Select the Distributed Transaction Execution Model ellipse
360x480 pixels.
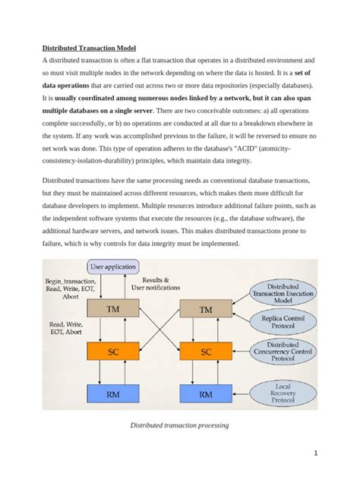pyautogui.click(x=282, y=289)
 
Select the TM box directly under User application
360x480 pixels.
pyautogui.click(x=112, y=309)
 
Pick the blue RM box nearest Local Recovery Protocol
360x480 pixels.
pyautogui.click(x=206, y=394)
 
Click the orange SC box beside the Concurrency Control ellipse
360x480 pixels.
pyautogui.click(x=206, y=352)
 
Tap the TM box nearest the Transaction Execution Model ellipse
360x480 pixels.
pyautogui.click(x=206, y=310)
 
